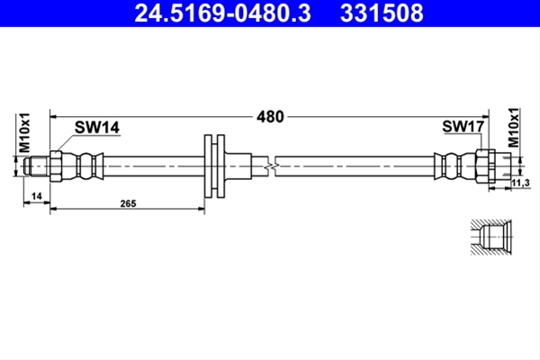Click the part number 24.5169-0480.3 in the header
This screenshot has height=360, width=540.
(x=222, y=13)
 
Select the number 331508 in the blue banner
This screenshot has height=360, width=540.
(x=382, y=13)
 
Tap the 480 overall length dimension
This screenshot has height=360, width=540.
(x=270, y=117)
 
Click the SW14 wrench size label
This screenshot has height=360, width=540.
(x=97, y=128)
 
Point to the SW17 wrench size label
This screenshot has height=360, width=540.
(x=463, y=126)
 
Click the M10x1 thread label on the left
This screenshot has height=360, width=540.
(x=25, y=132)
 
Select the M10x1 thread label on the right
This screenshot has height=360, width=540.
(x=514, y=128)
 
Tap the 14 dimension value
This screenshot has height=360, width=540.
(x=37, y=196)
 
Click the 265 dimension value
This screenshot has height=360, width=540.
(x=128, y=203)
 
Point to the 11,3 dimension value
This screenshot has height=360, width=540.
(x=521, y=184)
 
